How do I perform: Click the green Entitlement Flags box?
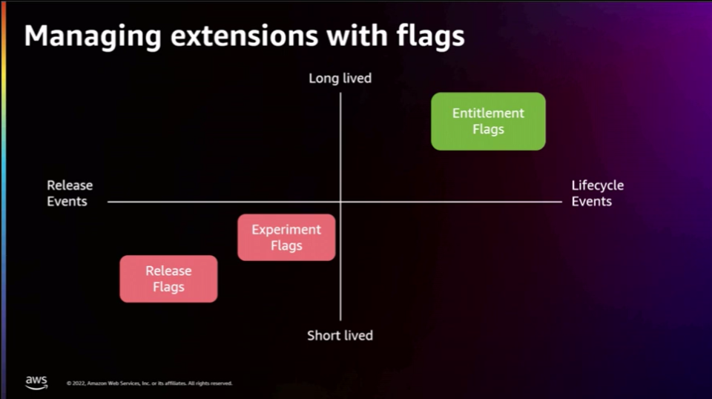[488, 121]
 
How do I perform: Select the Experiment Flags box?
[286, 237]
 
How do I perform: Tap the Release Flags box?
[168, 279]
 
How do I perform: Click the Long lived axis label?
[340, 78]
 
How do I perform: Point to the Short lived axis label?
[340, 335]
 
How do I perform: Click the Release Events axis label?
[69, 193]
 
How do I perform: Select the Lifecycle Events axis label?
[596, 193]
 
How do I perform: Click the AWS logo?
[36, 381]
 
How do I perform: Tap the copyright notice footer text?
[148, 383]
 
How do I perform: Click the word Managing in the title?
[86, 36]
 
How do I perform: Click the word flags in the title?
[432, 36]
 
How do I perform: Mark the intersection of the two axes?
[340, 202]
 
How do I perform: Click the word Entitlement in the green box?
[488, 113]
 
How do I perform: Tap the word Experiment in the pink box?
[286, 229]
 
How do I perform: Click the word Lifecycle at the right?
[597, 185]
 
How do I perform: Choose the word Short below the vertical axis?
[323, 335]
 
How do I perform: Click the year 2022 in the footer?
[78, 383]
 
